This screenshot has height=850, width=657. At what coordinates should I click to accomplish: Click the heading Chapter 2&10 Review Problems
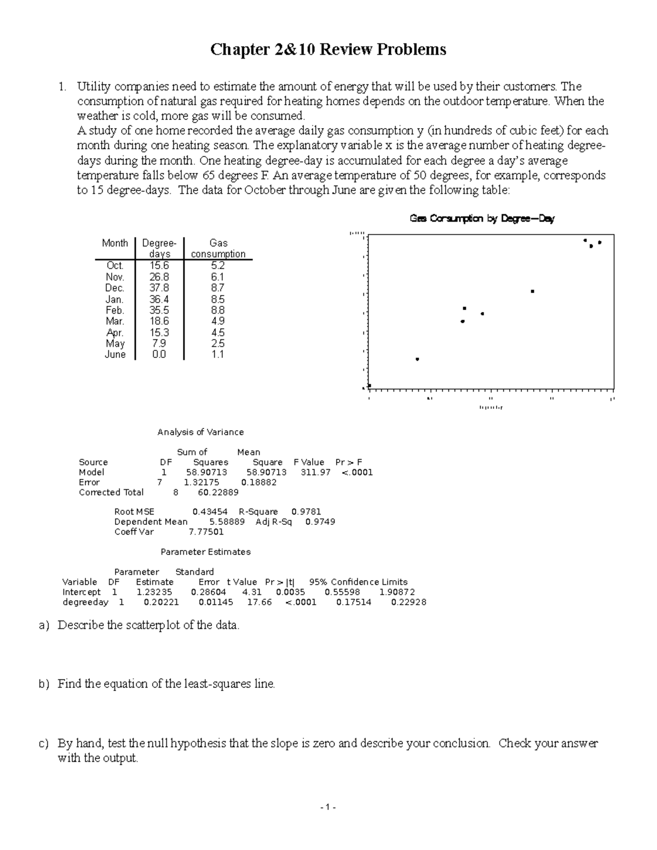click(x=328, y=50)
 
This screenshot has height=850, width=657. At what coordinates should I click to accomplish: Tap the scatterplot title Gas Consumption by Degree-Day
click(x=482, y=218)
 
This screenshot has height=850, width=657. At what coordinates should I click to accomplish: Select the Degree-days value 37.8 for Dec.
click(x=159, y=288)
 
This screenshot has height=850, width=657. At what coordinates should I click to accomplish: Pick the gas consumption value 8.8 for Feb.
click(x=217, y=310)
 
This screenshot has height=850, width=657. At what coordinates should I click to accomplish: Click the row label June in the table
click(x=115, y=355)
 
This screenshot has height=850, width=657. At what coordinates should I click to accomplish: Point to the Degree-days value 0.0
click(x=159, y=355)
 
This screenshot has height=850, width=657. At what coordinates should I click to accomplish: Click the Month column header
click(x=115, y=243)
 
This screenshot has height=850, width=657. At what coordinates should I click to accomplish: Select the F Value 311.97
click(x=315, y=472)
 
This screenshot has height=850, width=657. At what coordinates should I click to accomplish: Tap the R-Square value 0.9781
click(x=306, y=512)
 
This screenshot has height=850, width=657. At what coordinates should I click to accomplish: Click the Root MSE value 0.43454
click(x=210, y=512)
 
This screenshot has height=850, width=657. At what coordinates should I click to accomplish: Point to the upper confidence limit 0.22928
click(x=408, y=602)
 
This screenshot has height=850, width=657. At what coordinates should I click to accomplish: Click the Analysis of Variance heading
click(x=200, y=432)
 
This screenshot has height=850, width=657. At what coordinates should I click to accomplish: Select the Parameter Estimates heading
click(x=205, y=552)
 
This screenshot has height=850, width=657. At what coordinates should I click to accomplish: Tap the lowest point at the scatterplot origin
click(x=370, y=386)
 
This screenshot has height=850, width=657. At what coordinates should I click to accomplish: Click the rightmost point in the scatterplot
click(x=600, y=242)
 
